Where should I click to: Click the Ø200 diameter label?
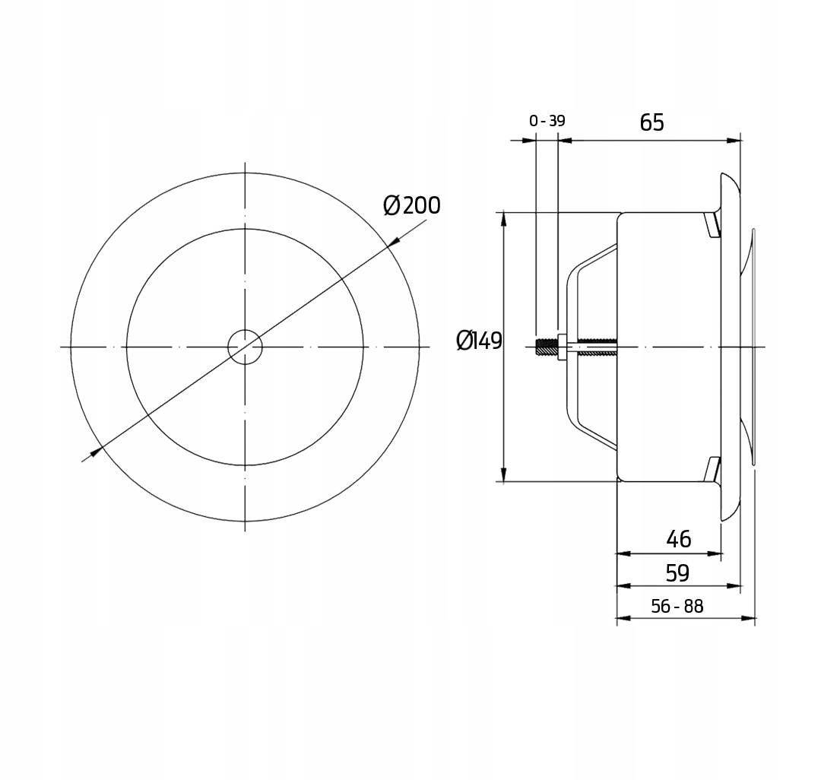(x=411, y=205)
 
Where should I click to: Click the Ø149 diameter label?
(x=479, y=341)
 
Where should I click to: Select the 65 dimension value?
(x=652, y=122)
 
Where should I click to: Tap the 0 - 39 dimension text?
(x=547, y=121)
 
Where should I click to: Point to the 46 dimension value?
(x=679, y=539)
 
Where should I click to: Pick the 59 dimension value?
(x=677, y=573)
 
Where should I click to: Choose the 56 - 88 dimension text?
(x=677, y=606)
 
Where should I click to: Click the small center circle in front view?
(x=245, y=347)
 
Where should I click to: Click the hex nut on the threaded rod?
(x=562, y=347)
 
